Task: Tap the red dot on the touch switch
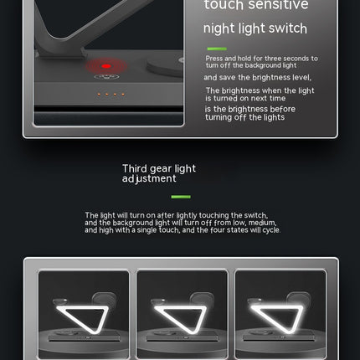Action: pyautogui.click(x=106, y=66)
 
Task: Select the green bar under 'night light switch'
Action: pyautogui.click(x=217, y=49)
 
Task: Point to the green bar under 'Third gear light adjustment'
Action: pyautogui.click(x=181, y=197)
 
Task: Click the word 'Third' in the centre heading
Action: pyautogui.click(x=135, y=168)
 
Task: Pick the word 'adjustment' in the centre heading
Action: pyautogui.click(x=149, y=178)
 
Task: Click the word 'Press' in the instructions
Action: pyautogui.click(x=214, y=59)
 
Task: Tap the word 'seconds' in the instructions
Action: pyautogui.click(x=296, y=59)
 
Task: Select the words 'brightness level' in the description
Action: pyautogui.click(x=281, y=78)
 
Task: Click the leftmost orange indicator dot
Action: pyautogui.click(x=99, y=95)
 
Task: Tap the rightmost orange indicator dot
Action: pyautogui.click(x=123, y=95)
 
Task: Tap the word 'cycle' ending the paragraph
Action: pyautogui.click(x=271, y=230)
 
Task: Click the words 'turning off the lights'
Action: pyautogui.click(x=245, y=117)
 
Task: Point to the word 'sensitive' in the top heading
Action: pyautogui.click(x=278, y=4)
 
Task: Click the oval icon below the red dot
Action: pyautogui.click(x=106, y=77)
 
